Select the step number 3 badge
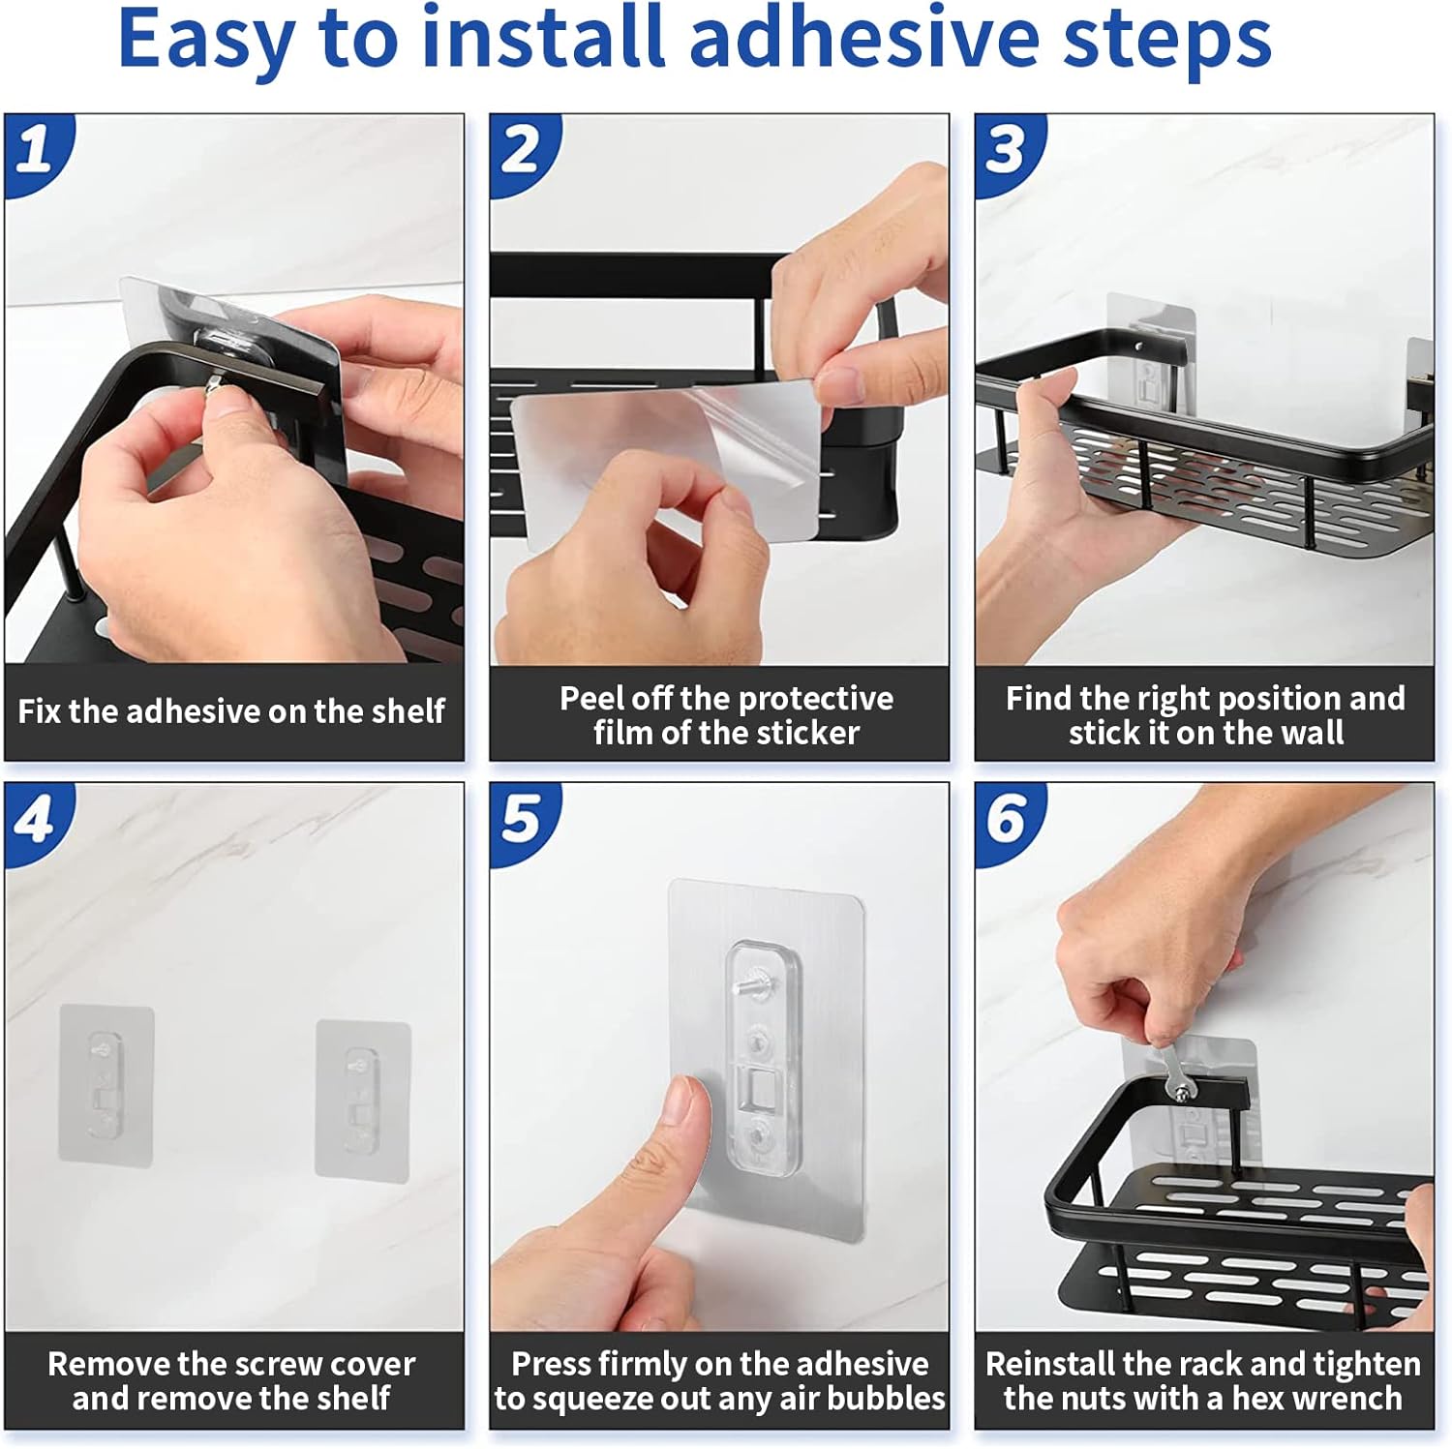point(1008,150)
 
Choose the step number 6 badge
point(1008,819)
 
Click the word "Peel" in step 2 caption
point(591,698)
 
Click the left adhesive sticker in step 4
point(106,1084)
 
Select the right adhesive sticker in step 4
point(363,1100)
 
